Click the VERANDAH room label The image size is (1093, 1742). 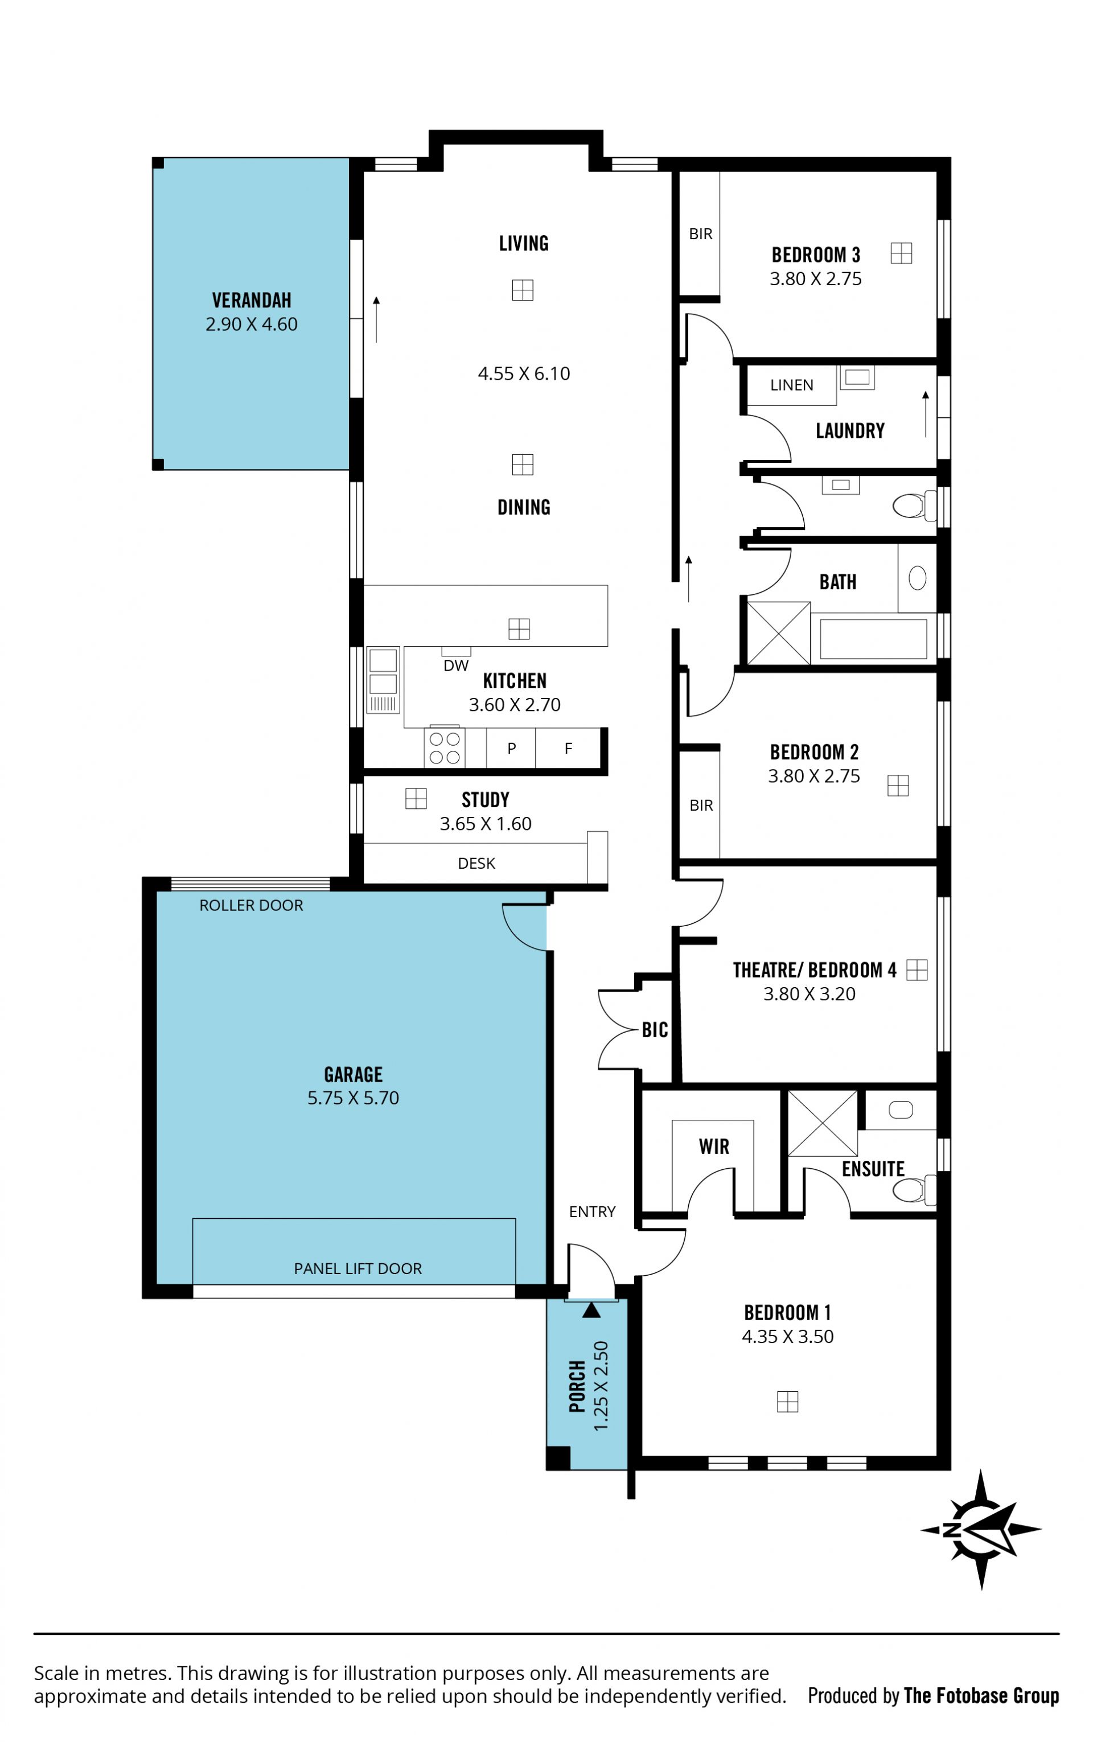click(252, 300)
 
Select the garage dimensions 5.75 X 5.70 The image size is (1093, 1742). click(353, 1098)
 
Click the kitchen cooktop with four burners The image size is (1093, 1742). click(445, 747)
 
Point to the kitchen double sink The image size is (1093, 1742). click(383, 680)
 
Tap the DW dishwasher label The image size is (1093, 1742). click(455, 665)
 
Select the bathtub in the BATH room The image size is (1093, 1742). click(873, 639)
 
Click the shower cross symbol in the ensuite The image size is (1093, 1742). click(822, 1123)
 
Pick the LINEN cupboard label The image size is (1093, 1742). click(791, 385)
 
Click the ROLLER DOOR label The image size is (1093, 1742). click(251, 905)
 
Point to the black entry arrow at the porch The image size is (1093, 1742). click(591, 1310)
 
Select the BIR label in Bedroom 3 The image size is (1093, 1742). click(700, 234)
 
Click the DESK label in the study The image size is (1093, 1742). click(476, 863)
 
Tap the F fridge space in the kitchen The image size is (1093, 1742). click(568, 748)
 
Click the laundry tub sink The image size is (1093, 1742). click(857, 377)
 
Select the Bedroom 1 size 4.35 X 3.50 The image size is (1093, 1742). click(787, 1337)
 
